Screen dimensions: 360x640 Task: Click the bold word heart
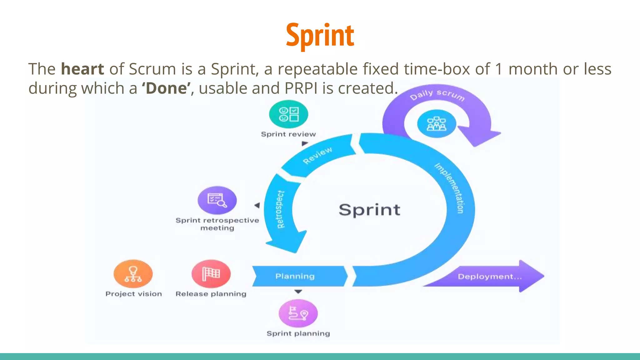(82, 69)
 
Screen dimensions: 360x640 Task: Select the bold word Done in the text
(166, 88)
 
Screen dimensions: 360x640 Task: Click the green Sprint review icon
(288, 114)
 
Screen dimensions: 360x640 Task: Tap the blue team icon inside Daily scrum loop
(437, 124)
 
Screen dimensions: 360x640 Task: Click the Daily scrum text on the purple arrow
(437, 95)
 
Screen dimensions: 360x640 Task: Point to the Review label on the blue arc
(317, 155)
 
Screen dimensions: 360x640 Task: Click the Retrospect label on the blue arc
(280, 209)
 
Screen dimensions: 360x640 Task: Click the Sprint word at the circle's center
(369, 210)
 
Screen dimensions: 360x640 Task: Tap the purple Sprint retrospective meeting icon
(217, 200)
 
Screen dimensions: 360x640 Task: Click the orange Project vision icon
(133, 274)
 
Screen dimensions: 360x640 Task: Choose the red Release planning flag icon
(211, 274)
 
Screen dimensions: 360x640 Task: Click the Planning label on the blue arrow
(295, 276)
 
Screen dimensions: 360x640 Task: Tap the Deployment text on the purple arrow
(489, 277)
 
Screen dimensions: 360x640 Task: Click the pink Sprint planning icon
(298, 313)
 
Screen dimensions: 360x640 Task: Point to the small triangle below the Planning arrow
(298, 292)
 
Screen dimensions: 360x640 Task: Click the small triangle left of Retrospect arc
(257, 205)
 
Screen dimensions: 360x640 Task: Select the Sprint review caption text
(288, 134)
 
